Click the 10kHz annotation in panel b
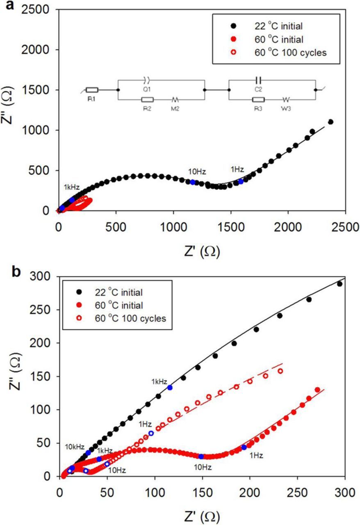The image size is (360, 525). pos(75,445)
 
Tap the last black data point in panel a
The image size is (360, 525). pos(330,122)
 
